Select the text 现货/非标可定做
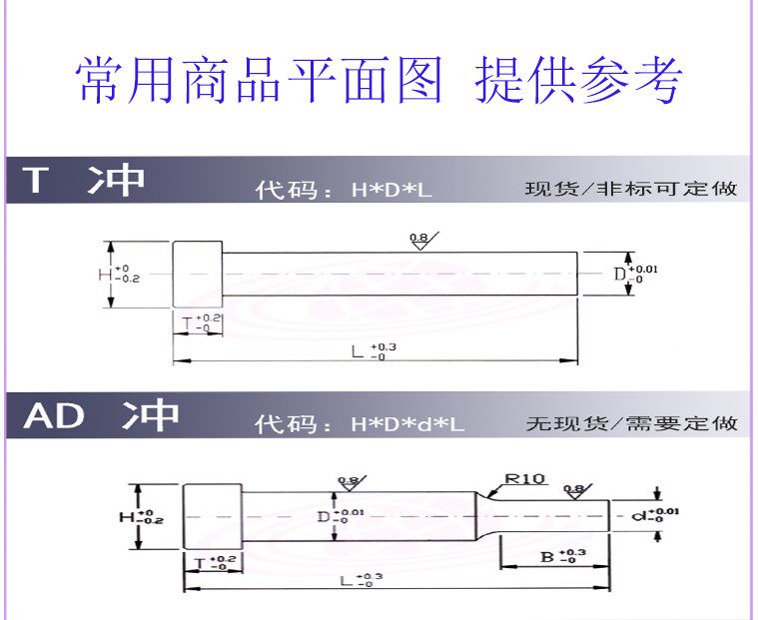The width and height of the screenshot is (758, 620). point(631,189)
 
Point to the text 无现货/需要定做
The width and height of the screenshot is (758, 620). point(631,424)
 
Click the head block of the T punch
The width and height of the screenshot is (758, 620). point(197,274)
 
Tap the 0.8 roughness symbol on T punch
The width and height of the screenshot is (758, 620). point(418,241)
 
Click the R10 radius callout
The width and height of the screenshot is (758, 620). point(523,479)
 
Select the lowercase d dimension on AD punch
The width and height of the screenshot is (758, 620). point(655,516)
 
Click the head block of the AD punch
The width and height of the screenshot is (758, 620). point(212,515)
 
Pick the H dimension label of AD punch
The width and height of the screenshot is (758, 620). point(141,516)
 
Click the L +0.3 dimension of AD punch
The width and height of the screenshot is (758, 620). point(361,580)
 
